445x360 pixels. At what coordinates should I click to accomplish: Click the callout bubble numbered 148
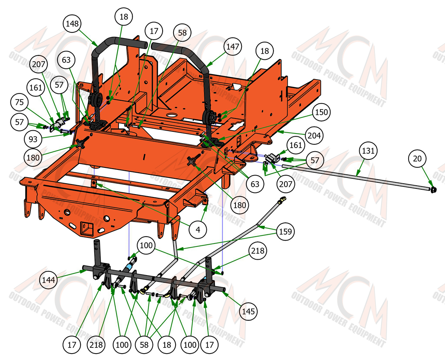point(72,23)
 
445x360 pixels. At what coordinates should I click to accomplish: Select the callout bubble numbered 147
point(233,47)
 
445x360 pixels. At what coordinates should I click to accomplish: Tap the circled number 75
point(19,102)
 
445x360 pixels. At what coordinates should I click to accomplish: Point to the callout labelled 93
point(33,139)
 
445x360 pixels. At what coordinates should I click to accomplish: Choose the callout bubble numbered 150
point(322,112)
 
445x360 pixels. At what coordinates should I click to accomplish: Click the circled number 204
point(314,136)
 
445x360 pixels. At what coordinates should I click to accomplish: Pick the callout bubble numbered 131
point(368,150)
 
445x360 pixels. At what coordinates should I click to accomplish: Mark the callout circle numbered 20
point(417,159)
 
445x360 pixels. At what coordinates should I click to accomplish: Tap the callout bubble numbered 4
point(198,229)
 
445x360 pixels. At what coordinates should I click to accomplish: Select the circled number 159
point(286,231)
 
